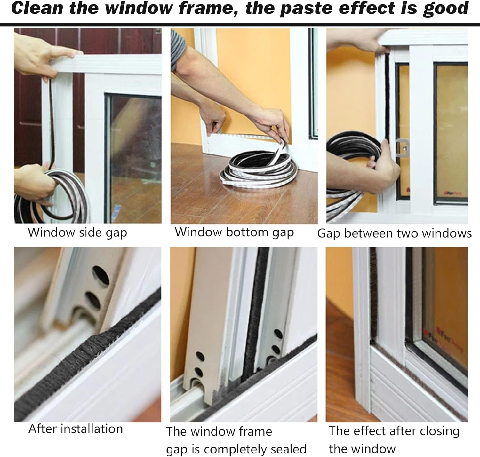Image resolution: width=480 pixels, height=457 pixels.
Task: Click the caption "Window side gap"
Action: click(77, 232)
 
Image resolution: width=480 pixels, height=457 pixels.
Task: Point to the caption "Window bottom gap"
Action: click(234, 232)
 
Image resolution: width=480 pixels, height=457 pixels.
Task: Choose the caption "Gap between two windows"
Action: click(394, 233)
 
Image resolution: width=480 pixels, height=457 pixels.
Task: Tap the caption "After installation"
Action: click(76, 429)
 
